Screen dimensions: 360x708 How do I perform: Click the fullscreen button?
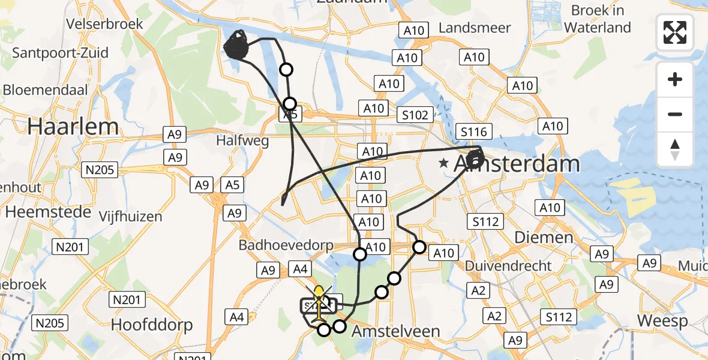[x=675, y=32]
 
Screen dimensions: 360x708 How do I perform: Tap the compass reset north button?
[x=675, y=149]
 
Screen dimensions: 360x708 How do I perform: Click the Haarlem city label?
[x=73, y=127]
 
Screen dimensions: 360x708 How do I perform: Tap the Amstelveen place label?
[x=396, y=331]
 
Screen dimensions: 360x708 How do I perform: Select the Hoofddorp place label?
[x=152, y=325]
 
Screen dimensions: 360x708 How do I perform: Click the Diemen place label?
[x=536, y=237]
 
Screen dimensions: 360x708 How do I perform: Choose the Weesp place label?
[x=662, y=320]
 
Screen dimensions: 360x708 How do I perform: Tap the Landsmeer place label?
[x=475, y=28]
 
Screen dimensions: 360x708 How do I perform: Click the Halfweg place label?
[x=243, y=141]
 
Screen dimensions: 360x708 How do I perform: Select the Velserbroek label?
[x=106, y=23]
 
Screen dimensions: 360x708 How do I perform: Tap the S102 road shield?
[x=416, y=115]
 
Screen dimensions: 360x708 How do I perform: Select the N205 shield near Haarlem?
[x=100, y=170]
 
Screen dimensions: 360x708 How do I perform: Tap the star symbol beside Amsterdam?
[x=444, y=163]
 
